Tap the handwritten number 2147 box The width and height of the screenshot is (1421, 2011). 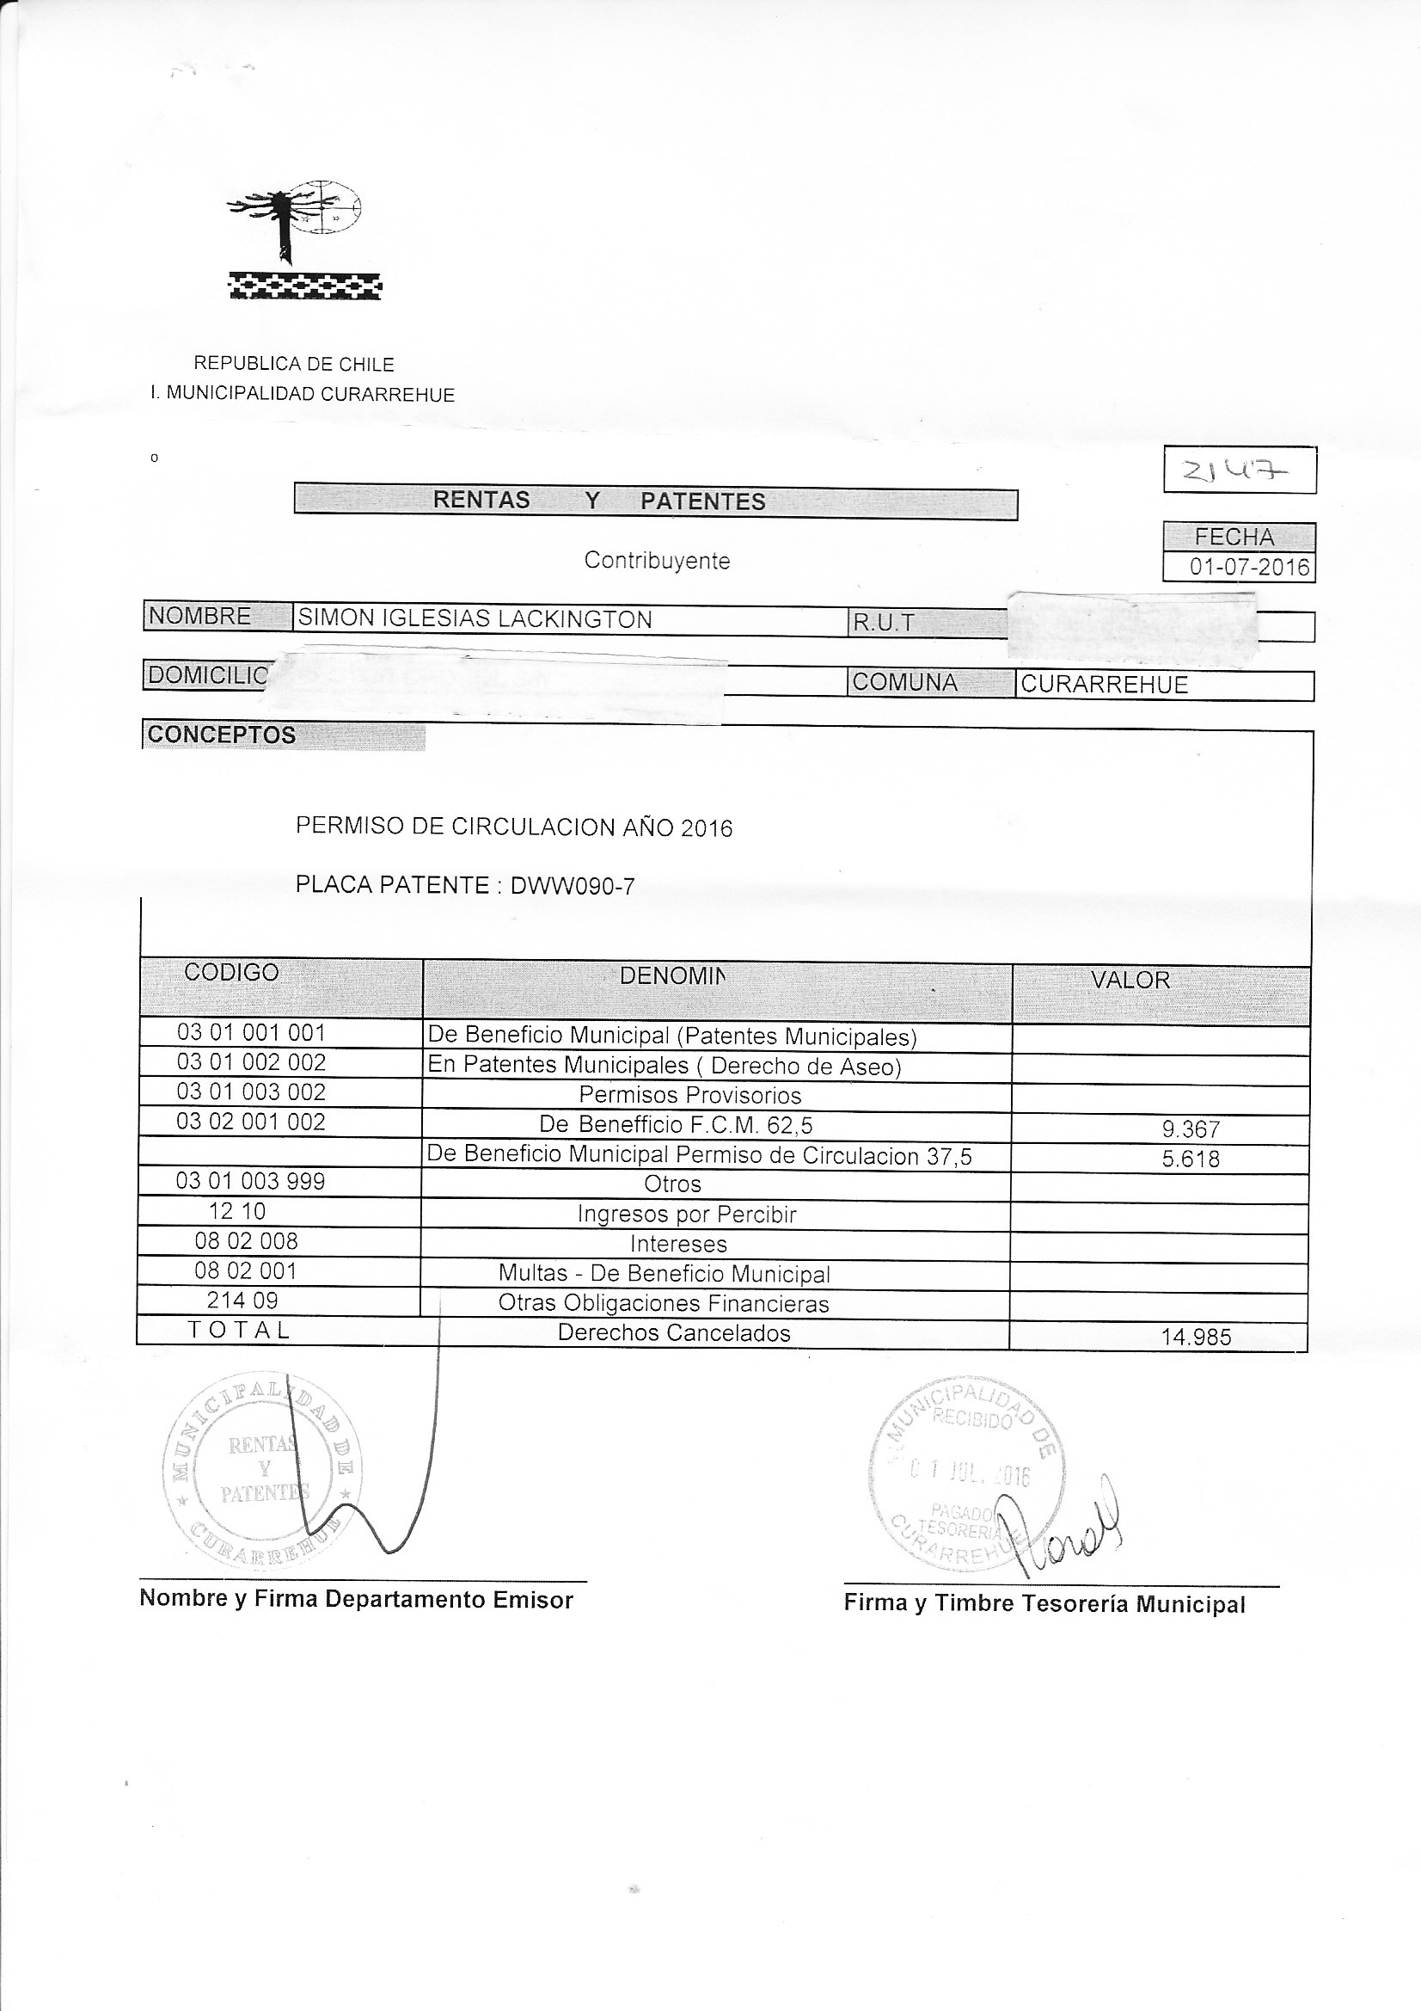click(x=1239, y=470)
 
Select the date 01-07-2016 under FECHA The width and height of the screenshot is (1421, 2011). click(x=1248, y=567)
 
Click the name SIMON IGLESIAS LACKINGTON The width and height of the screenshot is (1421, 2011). click(x=475, y=619)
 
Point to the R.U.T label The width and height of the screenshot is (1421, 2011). click(x=884, y=623)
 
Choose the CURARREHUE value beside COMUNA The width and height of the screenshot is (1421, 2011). click(x=1104, y=685)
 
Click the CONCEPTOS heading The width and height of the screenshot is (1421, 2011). click(x=222, y=735)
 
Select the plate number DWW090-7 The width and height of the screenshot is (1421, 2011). click(x=573, y=887)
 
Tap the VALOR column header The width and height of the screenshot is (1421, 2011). click(x=1130, y=980)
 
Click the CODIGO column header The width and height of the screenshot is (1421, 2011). click(x=231, y=972)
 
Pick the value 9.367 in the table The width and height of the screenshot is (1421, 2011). click(x=1190, y=1130)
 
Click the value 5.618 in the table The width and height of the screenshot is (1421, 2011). click(x=1190, y=1159)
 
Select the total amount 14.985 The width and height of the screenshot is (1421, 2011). click(x=1195, y=1338)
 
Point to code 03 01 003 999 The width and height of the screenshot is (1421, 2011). click(x=250, y=1182)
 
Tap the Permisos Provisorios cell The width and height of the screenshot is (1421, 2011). click(x=690, y=1095)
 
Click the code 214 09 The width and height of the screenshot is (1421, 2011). click(x=242, y=1301)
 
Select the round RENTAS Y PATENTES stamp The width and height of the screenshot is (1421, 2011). click(x=263, y=1471)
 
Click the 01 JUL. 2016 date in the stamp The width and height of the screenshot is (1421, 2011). click(x=970, y=1475)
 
